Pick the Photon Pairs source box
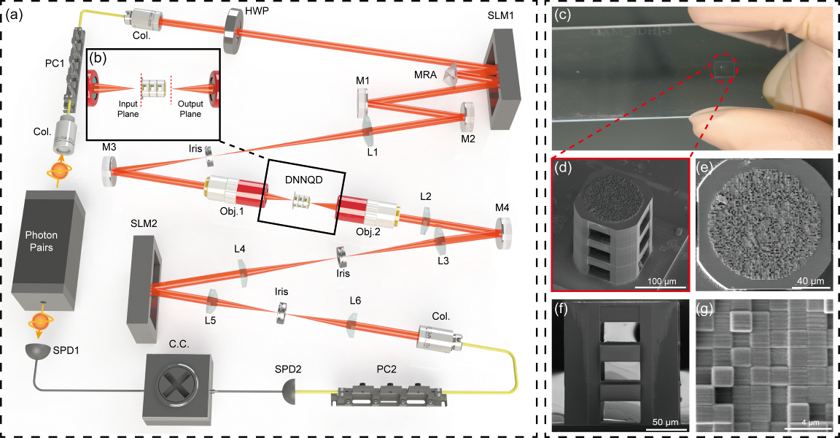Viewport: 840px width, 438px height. coord(50,248)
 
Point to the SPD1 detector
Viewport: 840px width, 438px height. coord(40,351)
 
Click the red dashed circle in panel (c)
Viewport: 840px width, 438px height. coord(720,69)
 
